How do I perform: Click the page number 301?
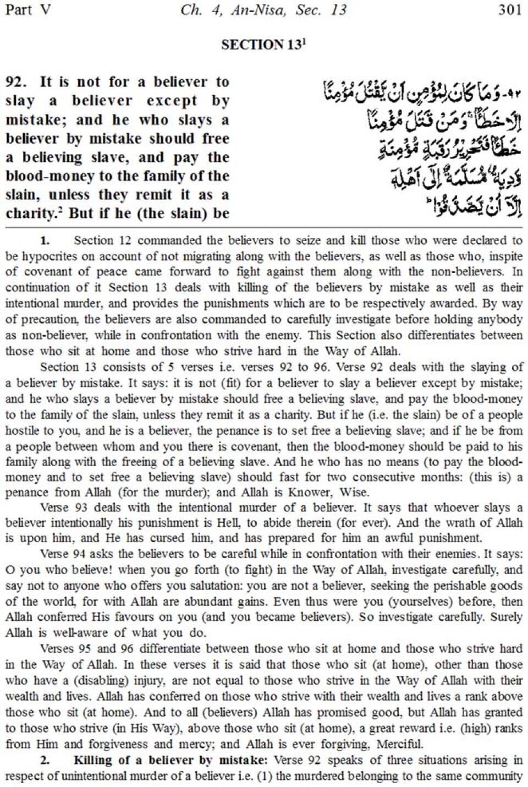[x=509, y=10]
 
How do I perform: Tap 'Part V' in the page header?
[x=28, y=10]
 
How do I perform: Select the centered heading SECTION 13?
[x=263, y=45]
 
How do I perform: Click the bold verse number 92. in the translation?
[x=16, y=82]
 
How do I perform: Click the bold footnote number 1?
[x=45, y=241]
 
